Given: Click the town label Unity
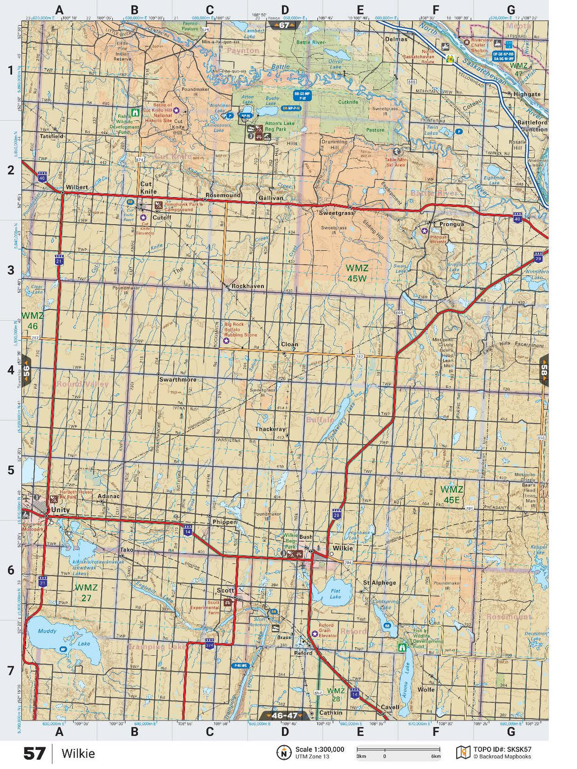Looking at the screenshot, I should pos(60,509).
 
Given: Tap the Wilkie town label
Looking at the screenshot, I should pos(343,548).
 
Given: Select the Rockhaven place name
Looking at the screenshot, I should pos(248,286).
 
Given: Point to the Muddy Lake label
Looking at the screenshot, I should pos(48,632).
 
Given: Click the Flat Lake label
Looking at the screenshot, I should pos(336,594).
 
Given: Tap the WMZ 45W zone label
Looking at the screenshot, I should pos(357,273).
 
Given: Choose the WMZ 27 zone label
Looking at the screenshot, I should pos(86,593).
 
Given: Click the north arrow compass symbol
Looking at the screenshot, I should pos(284,752).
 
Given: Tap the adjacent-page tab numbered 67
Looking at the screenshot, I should pos(284,25).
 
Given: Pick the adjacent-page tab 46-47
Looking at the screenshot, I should pos(285,715).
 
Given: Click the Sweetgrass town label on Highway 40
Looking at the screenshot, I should pos(336,213).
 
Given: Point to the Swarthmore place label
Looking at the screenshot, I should pos(178,379).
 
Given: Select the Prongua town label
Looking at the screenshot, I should pos(451,224).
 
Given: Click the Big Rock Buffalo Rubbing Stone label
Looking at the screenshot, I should pos(241,329).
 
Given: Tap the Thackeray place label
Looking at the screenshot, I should pos(270,429).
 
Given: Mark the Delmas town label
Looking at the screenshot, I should pos(396,39).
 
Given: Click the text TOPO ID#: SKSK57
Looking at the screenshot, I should pos(502,750).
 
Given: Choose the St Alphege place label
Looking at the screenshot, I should pos(379,582).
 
